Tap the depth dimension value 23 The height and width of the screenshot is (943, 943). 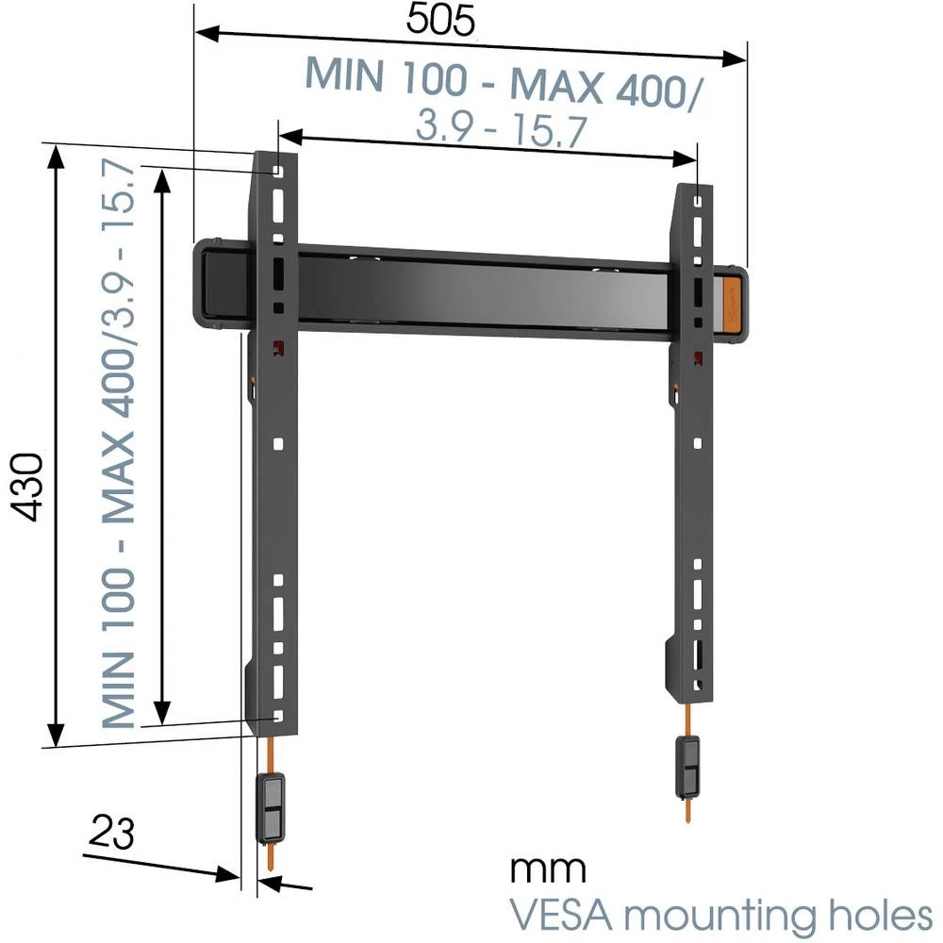[112, 833]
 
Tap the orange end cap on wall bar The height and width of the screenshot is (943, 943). [735, 304]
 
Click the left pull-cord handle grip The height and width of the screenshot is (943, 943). [272, 807]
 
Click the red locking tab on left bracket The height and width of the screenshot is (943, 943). [278, 348]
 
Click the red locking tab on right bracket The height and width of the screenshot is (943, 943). [697, 356]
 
